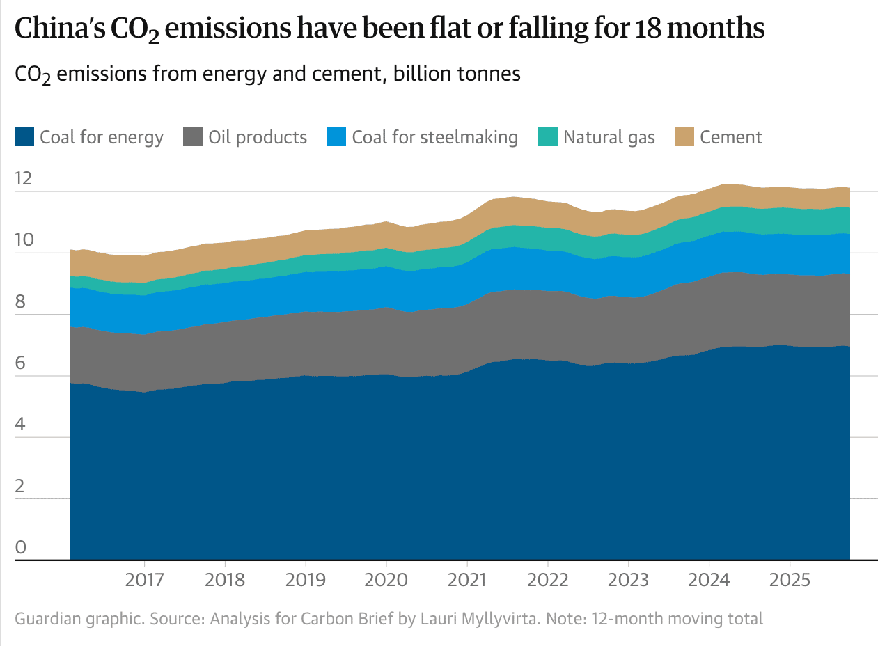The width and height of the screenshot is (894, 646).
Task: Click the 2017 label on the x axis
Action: pos(144,580)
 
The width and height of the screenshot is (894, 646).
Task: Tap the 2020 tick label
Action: pos(386,580)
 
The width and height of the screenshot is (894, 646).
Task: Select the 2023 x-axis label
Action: pos(628,580)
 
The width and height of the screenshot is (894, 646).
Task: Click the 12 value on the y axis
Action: pos(23,179)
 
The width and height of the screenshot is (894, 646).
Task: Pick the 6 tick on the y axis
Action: pos(20,363)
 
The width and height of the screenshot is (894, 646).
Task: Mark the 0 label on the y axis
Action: pos(20,547)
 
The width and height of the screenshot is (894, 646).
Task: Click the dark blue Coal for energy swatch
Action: pos(24,137)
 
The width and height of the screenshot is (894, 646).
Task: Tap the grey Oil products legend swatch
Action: pos(193,137)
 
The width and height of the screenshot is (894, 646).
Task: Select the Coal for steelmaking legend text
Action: pos(434,137)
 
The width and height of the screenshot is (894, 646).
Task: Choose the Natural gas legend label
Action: pos(609,137)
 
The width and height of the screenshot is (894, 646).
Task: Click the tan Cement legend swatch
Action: pos(684,137)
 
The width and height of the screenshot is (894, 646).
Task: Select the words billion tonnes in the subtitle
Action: pos(457,74)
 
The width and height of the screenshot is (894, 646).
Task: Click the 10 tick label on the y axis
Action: pos(23,240)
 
